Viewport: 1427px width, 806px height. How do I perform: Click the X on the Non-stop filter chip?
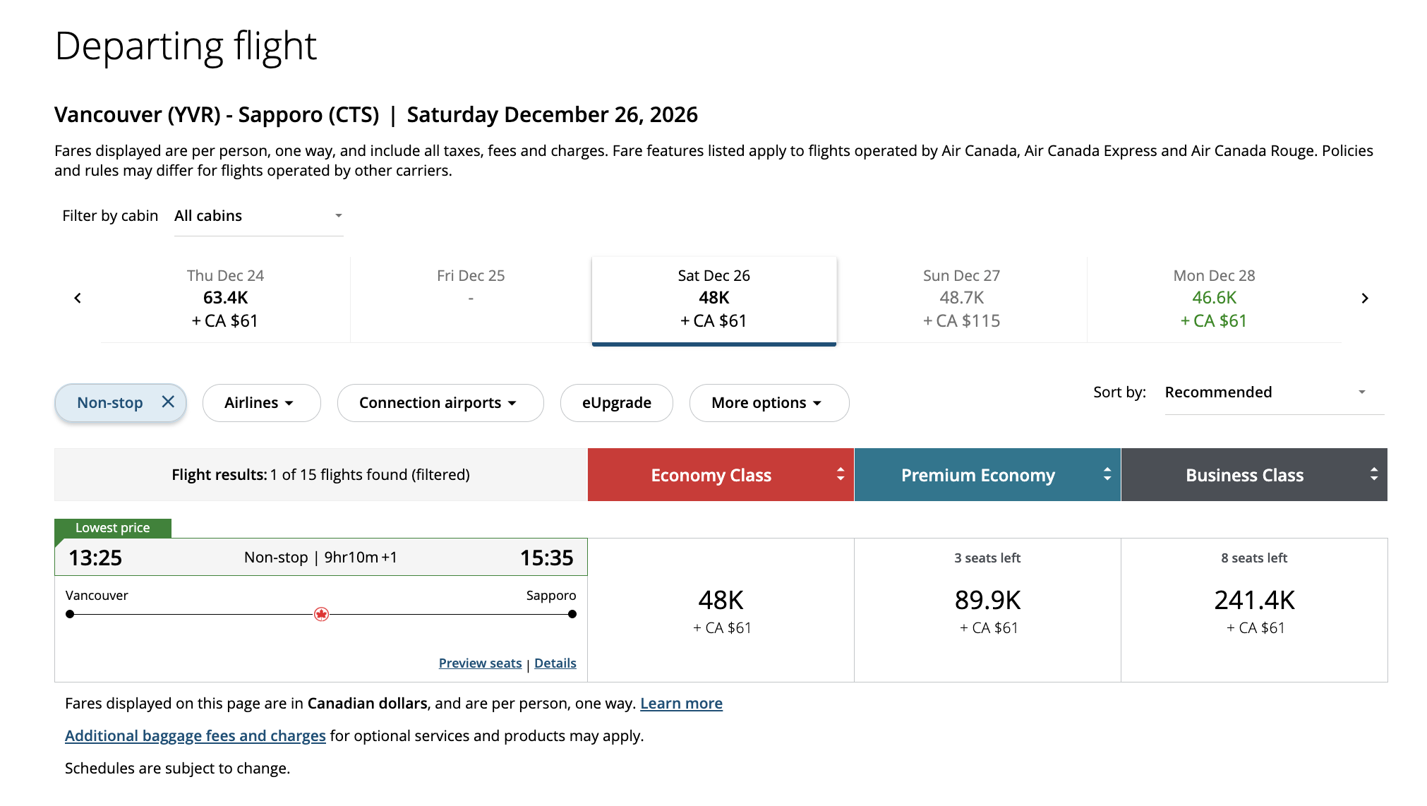(168, 402)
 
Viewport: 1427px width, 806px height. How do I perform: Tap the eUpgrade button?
(616, 403)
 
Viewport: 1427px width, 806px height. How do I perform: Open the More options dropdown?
(769, 403)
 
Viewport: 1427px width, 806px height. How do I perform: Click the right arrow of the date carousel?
(1364, 299)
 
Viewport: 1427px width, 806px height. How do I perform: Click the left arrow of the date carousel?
(78, 299)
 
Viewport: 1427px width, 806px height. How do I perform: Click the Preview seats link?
(480, 663)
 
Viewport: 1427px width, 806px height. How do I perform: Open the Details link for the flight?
(555, 663)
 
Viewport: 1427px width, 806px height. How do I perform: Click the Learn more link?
(681, 704)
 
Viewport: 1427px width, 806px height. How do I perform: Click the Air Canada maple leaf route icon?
(321, 614)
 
